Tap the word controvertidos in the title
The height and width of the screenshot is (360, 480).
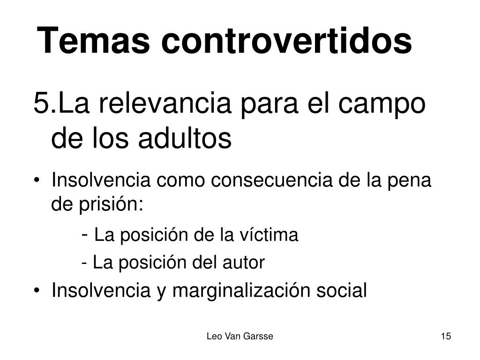287,40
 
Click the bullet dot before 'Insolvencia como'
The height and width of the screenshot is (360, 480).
37,180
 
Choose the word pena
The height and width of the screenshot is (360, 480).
408,181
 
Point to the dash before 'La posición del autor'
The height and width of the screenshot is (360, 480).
84,263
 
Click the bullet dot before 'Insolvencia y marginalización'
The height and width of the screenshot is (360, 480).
37,291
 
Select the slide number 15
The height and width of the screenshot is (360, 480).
446,336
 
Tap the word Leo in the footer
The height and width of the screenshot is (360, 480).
214,336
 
